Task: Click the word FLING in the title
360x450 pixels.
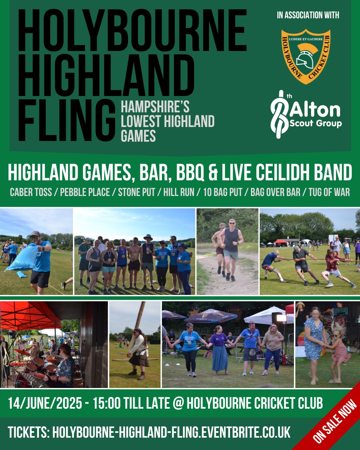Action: tap(67, 121)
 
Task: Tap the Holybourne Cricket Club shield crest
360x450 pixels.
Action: tap(306, 55)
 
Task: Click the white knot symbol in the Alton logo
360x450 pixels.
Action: tap(279, 114)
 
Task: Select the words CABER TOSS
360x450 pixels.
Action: tap(31, 192)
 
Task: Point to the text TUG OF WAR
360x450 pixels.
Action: tap(329, 192)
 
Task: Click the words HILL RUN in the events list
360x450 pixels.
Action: tap(179, 192)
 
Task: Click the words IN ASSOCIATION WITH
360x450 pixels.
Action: tap(308, 15)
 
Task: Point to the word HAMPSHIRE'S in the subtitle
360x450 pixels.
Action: tap(155, 107)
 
